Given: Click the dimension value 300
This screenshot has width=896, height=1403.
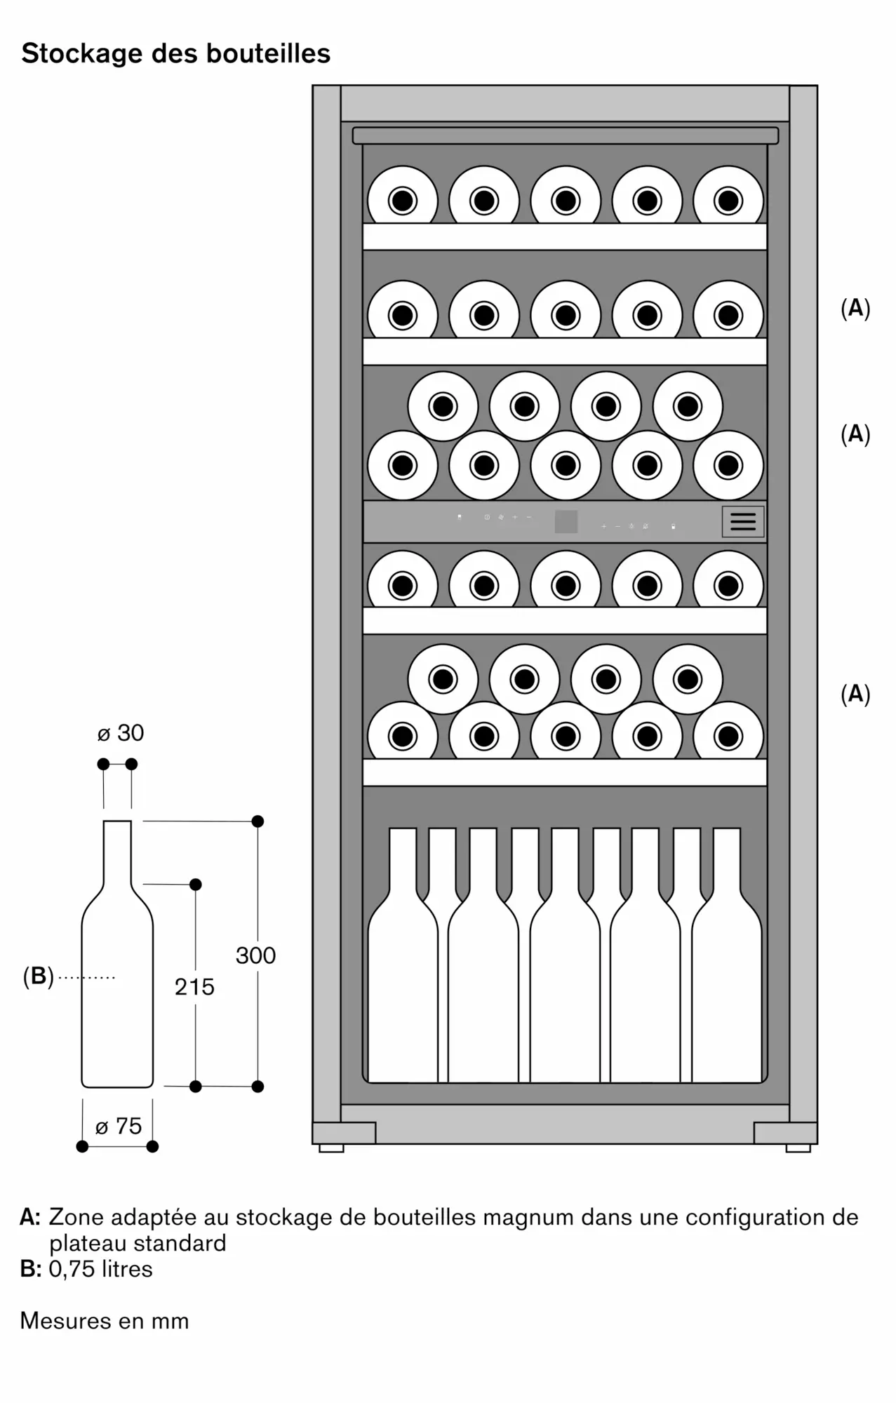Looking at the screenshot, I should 255,955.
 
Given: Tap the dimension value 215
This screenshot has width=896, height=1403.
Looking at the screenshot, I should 194,987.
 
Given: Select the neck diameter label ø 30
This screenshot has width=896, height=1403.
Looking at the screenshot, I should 121,733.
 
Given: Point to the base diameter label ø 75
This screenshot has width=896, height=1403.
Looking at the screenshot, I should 119,1126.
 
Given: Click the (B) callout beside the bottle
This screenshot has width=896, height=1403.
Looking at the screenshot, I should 38,976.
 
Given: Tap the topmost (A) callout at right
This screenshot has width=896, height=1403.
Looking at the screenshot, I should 855,308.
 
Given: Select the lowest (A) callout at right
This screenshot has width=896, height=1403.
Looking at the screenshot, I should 855,694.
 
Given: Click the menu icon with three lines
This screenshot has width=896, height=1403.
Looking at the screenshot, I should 743,521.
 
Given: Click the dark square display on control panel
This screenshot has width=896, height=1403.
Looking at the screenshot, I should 566,521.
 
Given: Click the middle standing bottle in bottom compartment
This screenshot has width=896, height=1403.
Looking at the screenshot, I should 566,982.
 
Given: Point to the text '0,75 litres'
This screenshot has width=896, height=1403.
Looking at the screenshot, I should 100,1269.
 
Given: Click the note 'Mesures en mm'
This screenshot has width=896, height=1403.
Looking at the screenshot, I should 105,1321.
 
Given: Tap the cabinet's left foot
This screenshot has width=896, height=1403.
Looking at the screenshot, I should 331,1148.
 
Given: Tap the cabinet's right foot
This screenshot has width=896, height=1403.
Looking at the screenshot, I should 798,1148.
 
